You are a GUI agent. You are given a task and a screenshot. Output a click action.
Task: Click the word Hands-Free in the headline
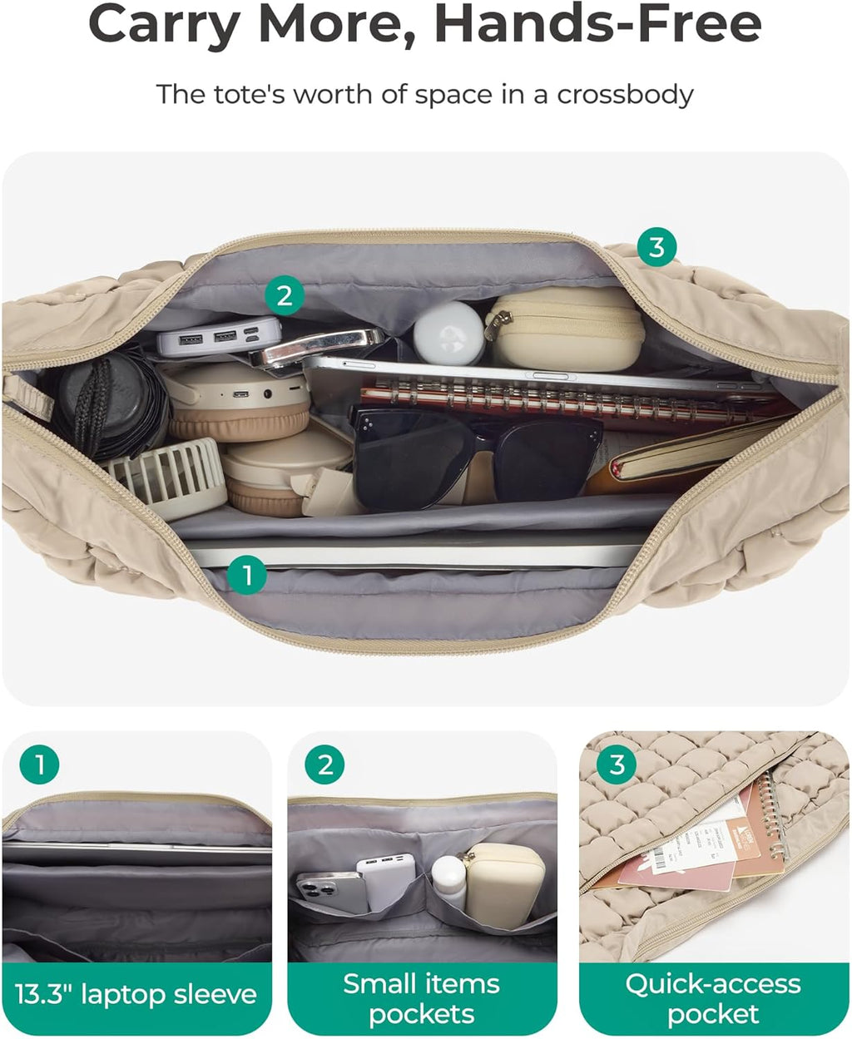click(x=597, y=25)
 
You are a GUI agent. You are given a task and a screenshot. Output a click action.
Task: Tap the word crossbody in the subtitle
click(x=624, y=94)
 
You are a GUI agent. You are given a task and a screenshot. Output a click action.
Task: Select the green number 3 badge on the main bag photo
click(x=656, y=247)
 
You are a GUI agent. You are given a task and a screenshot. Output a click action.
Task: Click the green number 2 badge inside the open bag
click(x=285, y=295)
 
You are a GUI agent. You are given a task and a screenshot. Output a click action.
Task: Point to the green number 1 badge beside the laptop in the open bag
click(x=246, y=574)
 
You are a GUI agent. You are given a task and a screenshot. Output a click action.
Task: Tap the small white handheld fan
click(x=166, y=478)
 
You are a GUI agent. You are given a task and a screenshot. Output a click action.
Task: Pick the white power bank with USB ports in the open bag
click(x=218, y=337)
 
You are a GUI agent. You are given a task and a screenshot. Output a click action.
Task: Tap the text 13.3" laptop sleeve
click(x=136, y=994)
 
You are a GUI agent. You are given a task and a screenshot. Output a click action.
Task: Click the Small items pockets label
click(x=422, y=998)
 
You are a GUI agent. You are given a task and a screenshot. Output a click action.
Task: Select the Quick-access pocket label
click(x=713, y=998)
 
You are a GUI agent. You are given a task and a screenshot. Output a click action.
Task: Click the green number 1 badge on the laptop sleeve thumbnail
click(x=39, y=763)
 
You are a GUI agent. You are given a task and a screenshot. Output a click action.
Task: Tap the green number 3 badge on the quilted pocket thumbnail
click(x=617, y=764)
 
